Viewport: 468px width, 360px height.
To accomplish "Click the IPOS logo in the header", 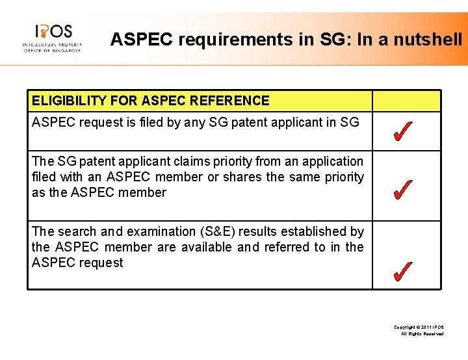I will tap(52, 37).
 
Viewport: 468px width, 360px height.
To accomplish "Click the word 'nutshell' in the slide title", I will tap(430, 40).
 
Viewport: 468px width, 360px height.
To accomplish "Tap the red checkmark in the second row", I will tap(402, 190).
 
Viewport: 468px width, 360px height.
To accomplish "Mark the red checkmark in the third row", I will tap(402, 271).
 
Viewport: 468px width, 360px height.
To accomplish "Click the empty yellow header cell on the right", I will tap(406, 101).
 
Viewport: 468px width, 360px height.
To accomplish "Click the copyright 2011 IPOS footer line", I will tap(419, 326).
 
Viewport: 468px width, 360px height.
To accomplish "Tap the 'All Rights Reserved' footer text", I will tap(422, 333).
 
